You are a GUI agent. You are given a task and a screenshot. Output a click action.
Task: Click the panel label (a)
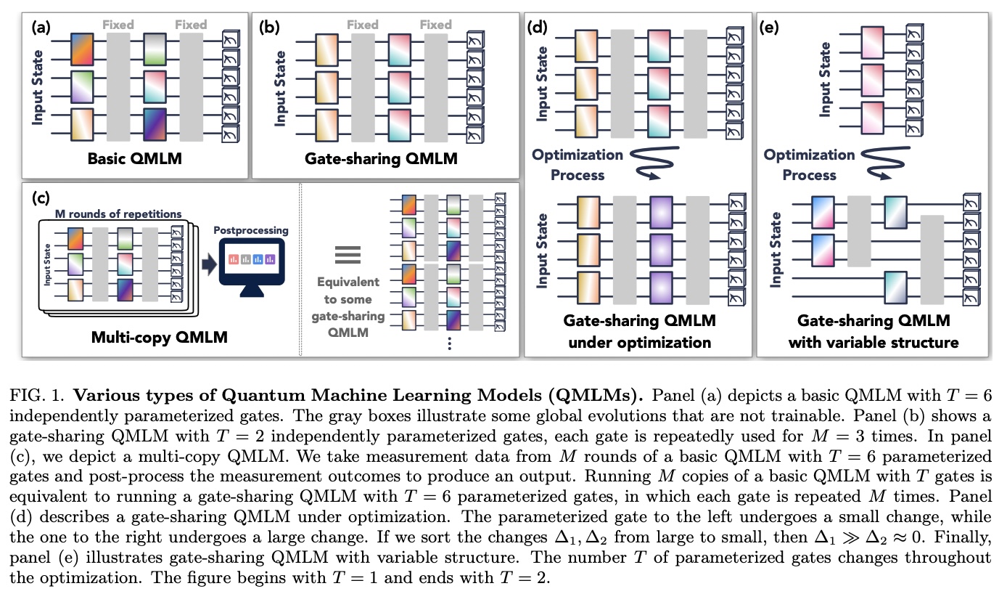coord(41,28)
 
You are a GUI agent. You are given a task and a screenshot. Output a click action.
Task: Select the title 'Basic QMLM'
coord(134,158)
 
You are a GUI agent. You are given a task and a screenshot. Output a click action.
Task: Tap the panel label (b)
coord(269,28)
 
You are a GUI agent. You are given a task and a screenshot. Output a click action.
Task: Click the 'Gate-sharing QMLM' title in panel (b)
coord(381,158)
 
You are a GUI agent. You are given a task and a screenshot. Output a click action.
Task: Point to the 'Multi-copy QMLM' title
coord(159,337)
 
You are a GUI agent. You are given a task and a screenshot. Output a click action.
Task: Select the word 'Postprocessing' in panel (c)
coord(251,230)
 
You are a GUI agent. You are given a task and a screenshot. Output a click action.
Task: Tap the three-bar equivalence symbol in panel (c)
coord(348,255)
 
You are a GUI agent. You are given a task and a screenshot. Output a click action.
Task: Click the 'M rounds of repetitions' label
coord(118,213)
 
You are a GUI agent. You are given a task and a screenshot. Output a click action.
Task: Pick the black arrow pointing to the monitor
coord(210,264)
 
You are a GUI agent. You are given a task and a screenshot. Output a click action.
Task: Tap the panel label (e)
coord(769,28)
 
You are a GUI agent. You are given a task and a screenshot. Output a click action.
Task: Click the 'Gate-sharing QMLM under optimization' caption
coord(640,331)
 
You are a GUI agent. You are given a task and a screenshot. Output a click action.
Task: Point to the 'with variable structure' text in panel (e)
coord(874,343)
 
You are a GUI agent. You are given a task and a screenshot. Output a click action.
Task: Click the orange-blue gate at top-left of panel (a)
coord(82,49)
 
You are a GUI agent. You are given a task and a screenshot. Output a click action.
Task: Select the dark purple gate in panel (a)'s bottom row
coord(155,124)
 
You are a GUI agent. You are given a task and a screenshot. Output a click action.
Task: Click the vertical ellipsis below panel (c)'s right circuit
coord(450,343)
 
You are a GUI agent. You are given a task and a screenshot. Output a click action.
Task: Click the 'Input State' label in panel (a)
coord(38,87)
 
